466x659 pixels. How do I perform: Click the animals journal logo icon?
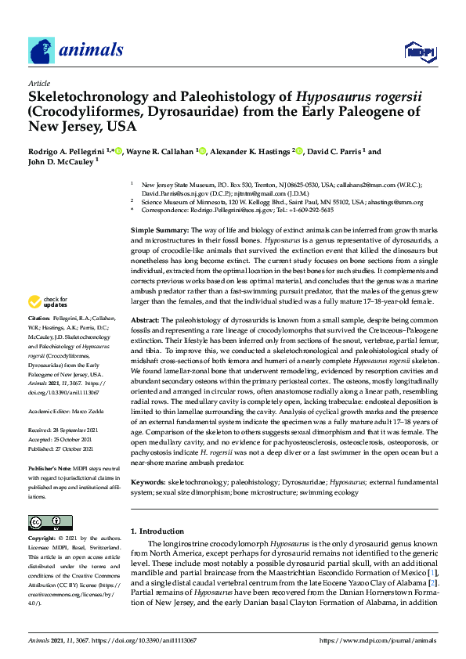42,51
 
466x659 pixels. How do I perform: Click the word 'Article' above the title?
38,83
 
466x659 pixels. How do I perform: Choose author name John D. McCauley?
62,163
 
